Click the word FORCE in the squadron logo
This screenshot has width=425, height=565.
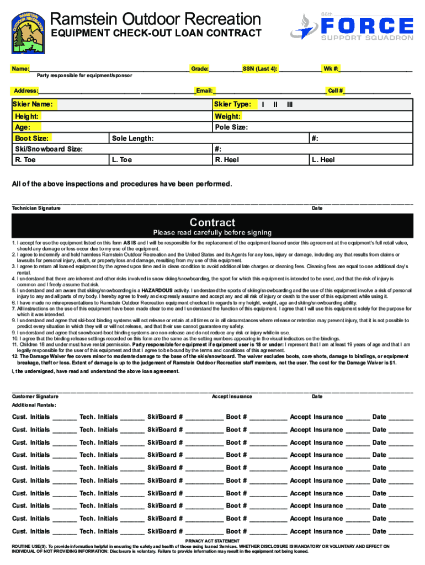coord(366,26)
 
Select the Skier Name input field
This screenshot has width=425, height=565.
coord(132,104)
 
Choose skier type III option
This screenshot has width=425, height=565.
coord(289,104)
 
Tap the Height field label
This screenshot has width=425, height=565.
coord(26,116)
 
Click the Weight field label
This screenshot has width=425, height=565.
coord(227,116)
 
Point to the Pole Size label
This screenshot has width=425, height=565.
coord(231,127)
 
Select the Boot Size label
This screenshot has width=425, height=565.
coord(31,138)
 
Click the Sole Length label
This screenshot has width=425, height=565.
coord(132,138)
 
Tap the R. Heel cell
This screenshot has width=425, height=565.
coord(227,160)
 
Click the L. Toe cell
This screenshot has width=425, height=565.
coord(121,160)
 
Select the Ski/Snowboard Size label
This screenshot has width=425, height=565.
coord(49,149)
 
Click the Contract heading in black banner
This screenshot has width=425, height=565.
coord(212,222)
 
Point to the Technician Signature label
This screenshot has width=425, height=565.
coord(36,208)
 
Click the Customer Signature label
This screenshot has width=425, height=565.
coord(35,396)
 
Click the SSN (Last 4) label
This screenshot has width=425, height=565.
coord(259,69)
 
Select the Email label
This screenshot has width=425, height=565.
coord(204,90)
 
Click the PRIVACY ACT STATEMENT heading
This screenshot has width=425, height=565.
coord(212,541)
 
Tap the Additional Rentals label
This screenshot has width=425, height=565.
coord(33,405)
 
